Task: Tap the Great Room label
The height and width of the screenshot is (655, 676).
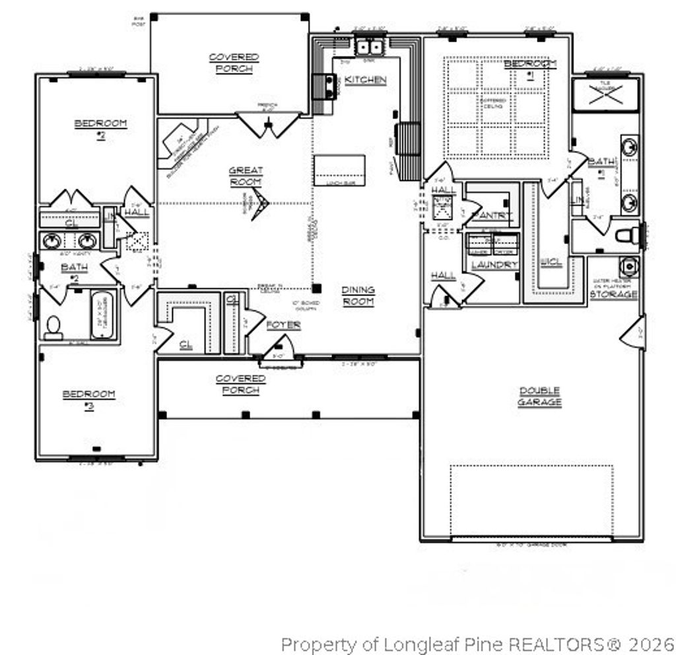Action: coord(246,176)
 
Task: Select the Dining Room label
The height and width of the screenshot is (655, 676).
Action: coord(358,295)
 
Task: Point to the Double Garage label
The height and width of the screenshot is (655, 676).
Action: coord(539,397)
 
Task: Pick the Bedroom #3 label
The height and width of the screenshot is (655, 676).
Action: coord(88,399)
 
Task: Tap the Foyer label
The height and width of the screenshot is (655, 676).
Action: coord(283,325)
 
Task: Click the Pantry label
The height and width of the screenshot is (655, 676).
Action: coord(492,215)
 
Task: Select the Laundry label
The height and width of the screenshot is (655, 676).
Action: coord(494,264)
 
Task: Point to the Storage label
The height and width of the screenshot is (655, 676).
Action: coord(613,293)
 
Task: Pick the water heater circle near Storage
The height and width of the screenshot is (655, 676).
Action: coord(628,266)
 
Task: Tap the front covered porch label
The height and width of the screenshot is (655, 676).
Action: coord(241,384)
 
